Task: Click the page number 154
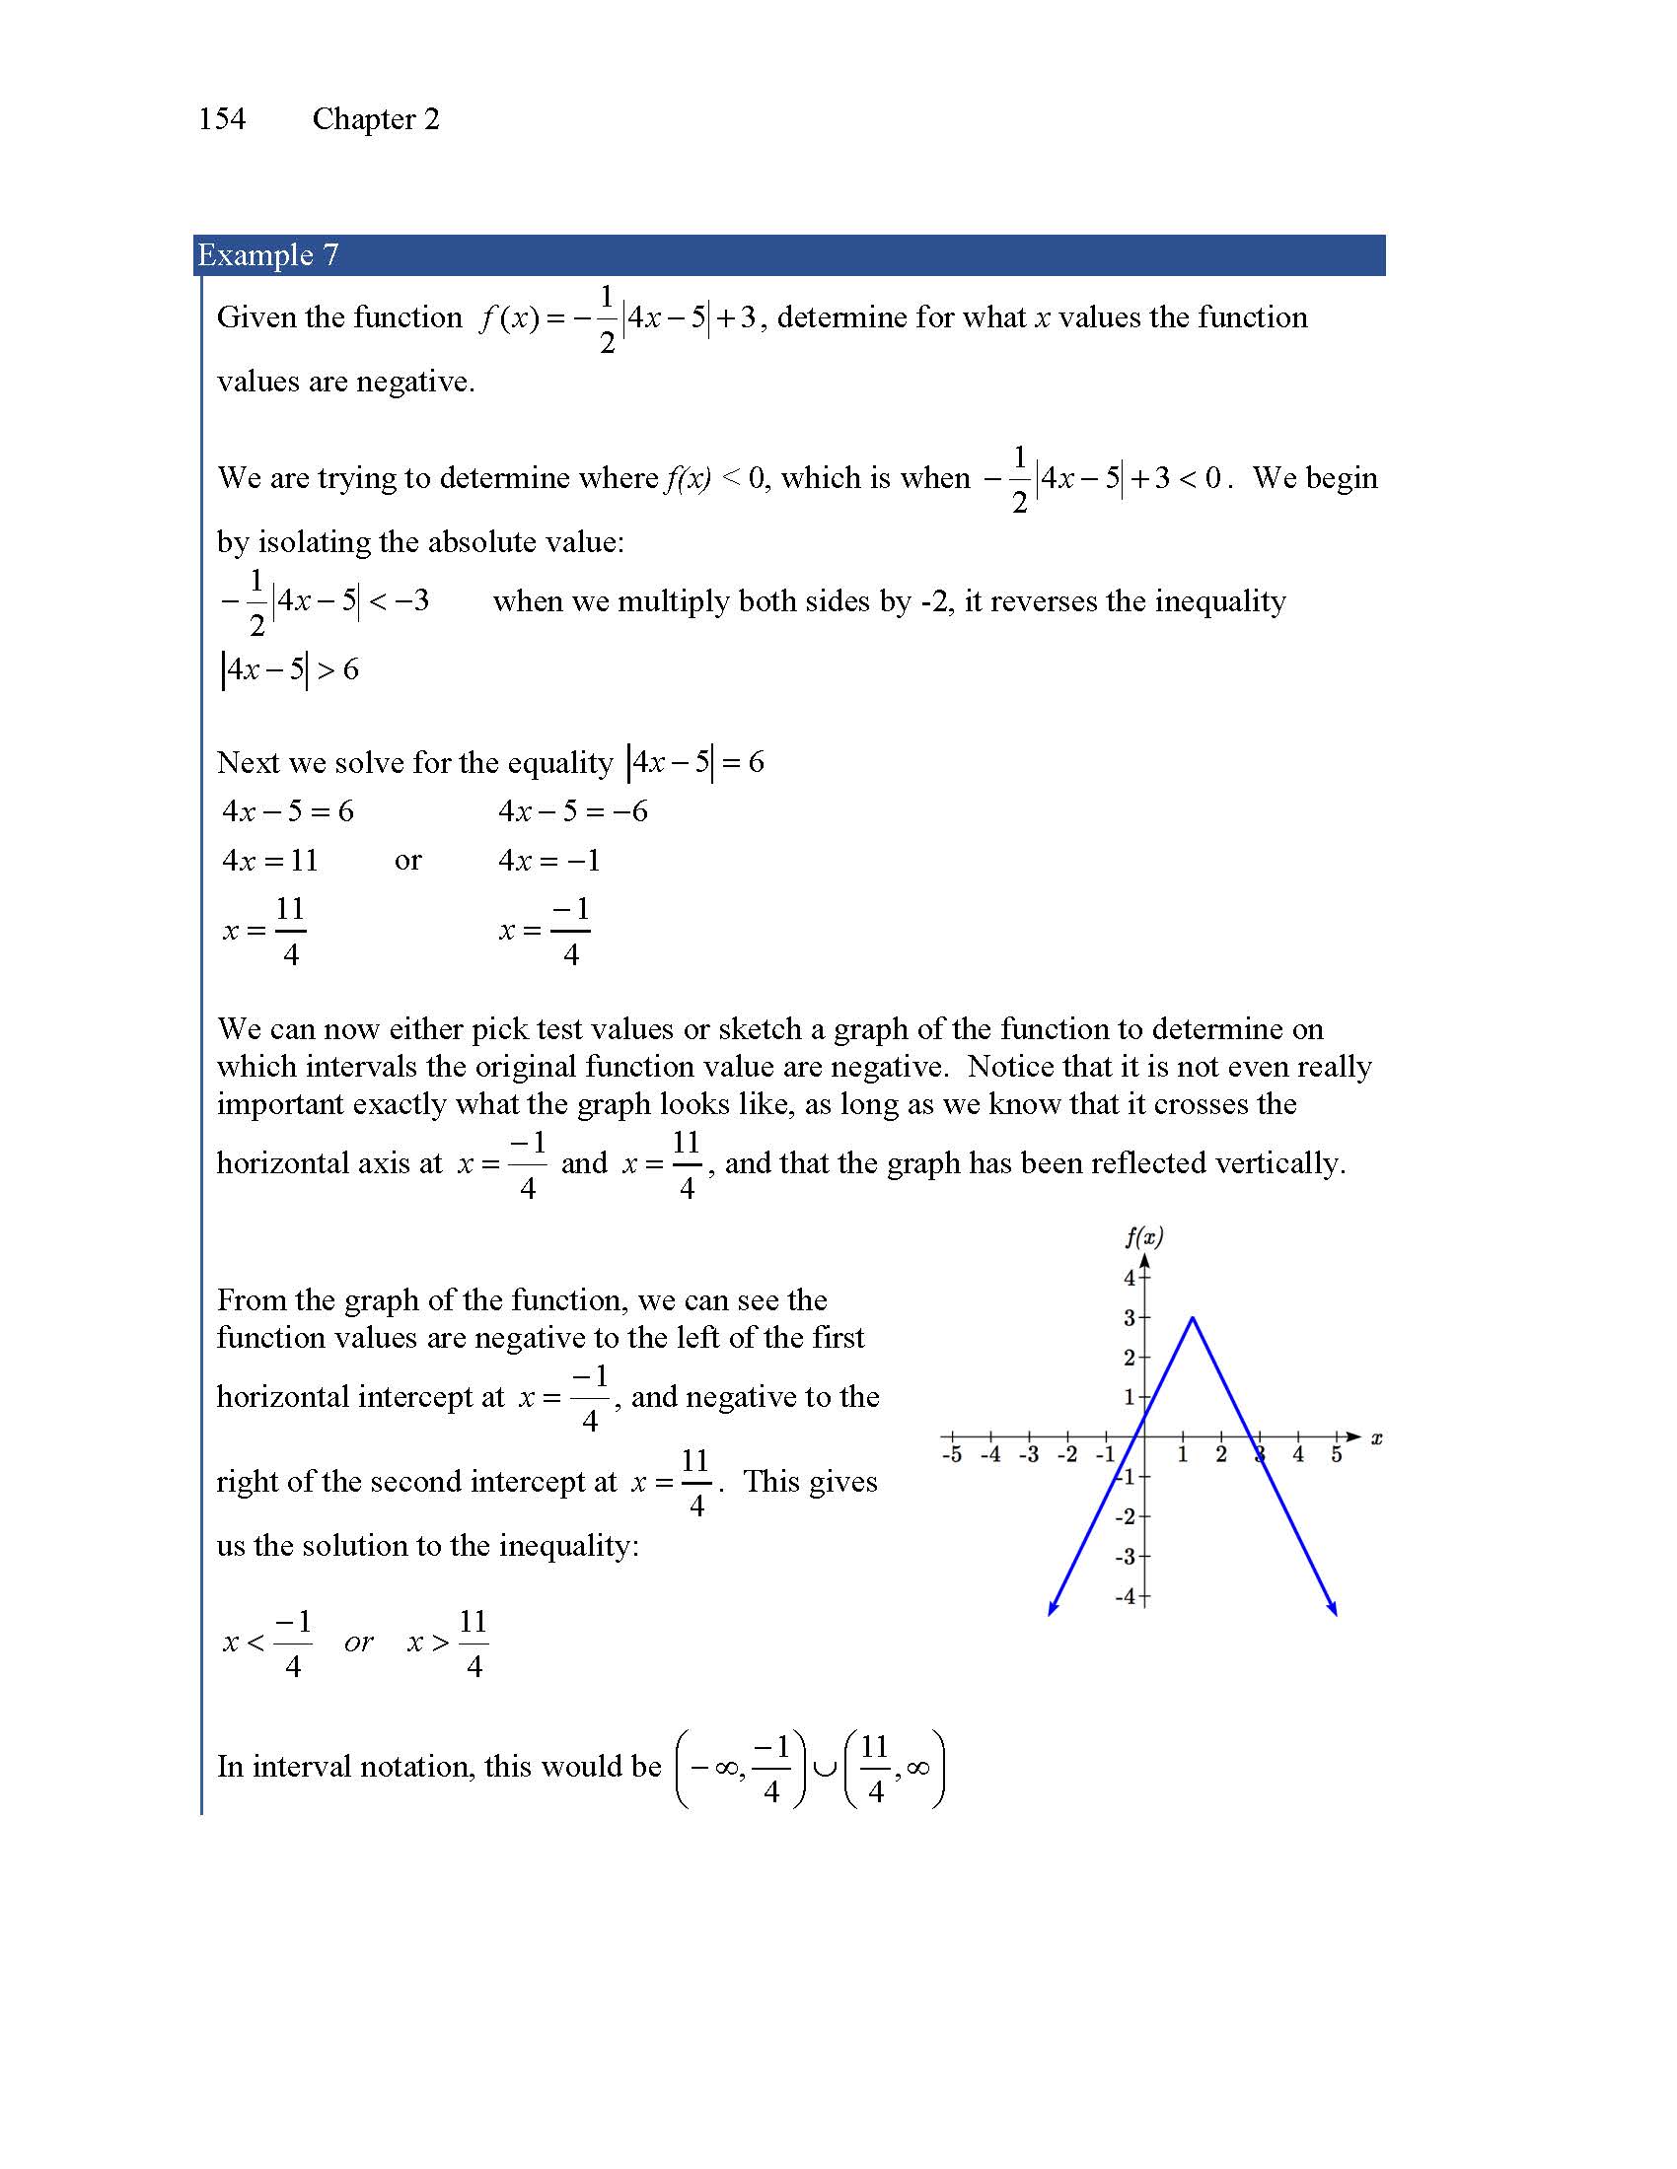tap(222, 119)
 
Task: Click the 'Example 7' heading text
tap(268, 255)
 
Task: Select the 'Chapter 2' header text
tap(376, 119)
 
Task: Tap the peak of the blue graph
tap(1193, 1318)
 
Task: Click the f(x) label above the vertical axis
tap(1143, 1236)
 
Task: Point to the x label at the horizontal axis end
tap(1376, 1437)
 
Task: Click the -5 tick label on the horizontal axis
tap(951, 1455)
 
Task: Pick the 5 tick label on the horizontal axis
tap(1337, 1455)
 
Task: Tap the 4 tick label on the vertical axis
tap(1130, 1278)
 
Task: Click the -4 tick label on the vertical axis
tap(1126, 1597)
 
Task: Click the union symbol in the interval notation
tap(824, 1767)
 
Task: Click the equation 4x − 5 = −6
tap(573, 811)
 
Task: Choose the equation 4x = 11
tap(270, 860)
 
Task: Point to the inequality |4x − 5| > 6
tap(289, 669)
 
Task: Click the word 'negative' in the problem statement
tap(412, 382)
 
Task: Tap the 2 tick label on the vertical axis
tap(1130, 1358)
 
